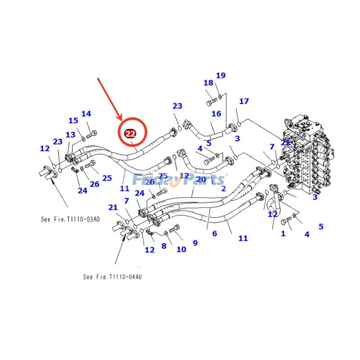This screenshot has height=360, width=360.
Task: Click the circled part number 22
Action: pyautogui.click(x=130, y=134)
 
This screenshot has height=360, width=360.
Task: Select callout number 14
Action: pyautogui.click(x=86, y=114)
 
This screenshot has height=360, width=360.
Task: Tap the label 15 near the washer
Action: pyautogui.click(x=73, y=121)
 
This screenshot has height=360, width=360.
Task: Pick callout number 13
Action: pyautogui.click(x=71, y=135)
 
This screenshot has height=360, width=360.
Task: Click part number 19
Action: pyautogui.click(x=220, y=76)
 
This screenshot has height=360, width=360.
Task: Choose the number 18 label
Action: pyautogui.click(x=208, y=83)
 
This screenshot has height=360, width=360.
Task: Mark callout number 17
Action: pyautogui.click(x=244, y=101)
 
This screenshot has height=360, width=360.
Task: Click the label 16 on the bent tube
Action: pyautogui.click(x=216, y=113)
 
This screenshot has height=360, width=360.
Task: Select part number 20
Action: pyautogui.click(x=201, y=180)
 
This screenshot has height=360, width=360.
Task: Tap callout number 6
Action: pyautogui.click(x=215, y=234)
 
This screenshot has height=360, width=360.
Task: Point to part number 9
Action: pyautogui.click(x=195, y=243)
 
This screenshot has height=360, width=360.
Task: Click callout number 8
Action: pyautogui.click(x=164, y=246)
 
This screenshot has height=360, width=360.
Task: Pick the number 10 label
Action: pyautogui.click(x=181, y=249)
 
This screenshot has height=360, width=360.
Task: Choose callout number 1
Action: pyautogui.click(x=283, y=234)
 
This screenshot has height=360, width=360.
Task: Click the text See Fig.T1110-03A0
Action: pyautogui.click(x=70, y=220)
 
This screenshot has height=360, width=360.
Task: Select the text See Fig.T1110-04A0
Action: pyautogui.click(x=112, y=277)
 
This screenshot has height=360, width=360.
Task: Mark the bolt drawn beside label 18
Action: pyautogui.click(x=212, y=103)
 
